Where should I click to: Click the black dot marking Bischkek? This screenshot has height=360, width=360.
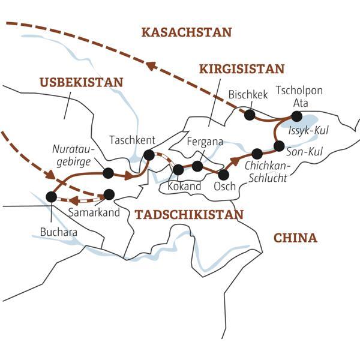[249, 113]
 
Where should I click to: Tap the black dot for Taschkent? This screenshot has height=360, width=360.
[149, 155]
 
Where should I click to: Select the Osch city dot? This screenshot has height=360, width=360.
[223, 175]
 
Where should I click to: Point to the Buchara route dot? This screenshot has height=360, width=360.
[51, 196]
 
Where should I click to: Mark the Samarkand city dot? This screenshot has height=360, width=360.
[109, 194]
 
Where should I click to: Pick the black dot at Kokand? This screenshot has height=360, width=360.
[178, 169]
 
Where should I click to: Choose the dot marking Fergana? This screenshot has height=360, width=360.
[197, 165]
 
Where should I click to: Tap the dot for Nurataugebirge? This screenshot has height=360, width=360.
[109, 173]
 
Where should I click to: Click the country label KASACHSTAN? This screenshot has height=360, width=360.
[186, 32]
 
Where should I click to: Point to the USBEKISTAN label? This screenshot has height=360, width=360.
[82, 82]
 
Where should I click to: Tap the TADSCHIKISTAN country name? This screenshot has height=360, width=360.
[189, 215]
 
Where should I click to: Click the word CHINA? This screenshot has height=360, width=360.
[295, 238]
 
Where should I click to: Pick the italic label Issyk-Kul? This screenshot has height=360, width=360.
[308, 131]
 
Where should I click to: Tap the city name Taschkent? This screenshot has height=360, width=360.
[133, 140]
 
